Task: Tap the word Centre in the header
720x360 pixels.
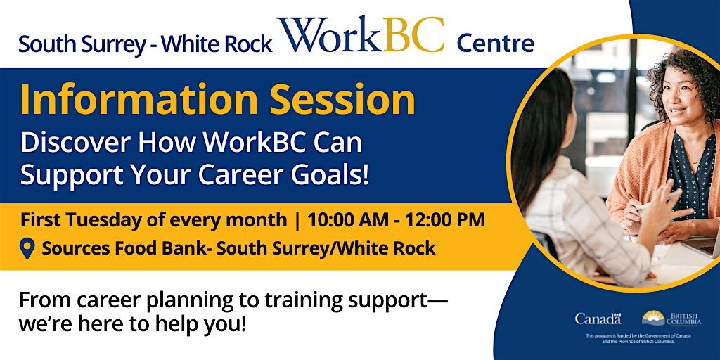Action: coord(495,44)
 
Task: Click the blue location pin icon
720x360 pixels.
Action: coord(27,248)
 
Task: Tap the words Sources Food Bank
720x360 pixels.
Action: coord(115,248)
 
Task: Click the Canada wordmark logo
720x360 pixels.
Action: coord(598,319)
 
